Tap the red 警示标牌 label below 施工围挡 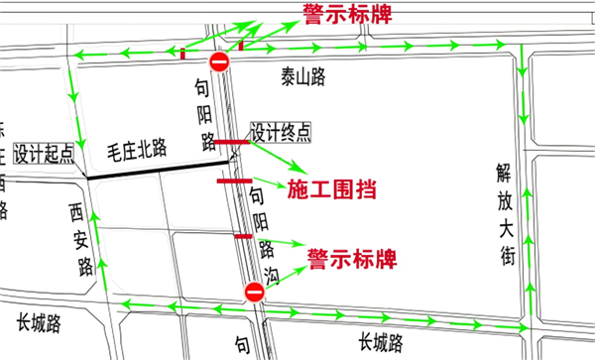click(x=351, y=259)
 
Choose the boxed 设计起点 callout click(x=44, y=153)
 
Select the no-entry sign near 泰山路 click(x=219, y=63)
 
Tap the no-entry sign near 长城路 click(x=254, y=292)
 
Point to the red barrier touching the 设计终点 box click(x=232, y=143)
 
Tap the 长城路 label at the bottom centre click(x=381, y=343)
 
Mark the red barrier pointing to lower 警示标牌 click(x=242, y=236)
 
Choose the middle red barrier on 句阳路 click(x=235, y=180)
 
